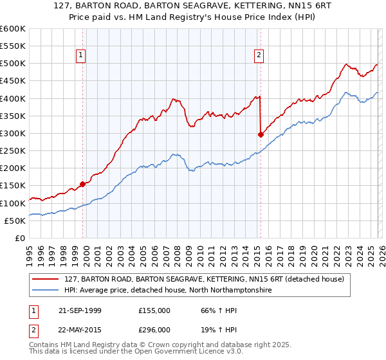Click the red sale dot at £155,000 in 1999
click(x=82, y=184)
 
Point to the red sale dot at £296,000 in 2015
click(x=261, y=134)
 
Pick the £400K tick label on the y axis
click(x=12, y=98)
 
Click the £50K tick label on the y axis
click(x=15, y=221)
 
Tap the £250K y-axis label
click(x=12, y=150)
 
